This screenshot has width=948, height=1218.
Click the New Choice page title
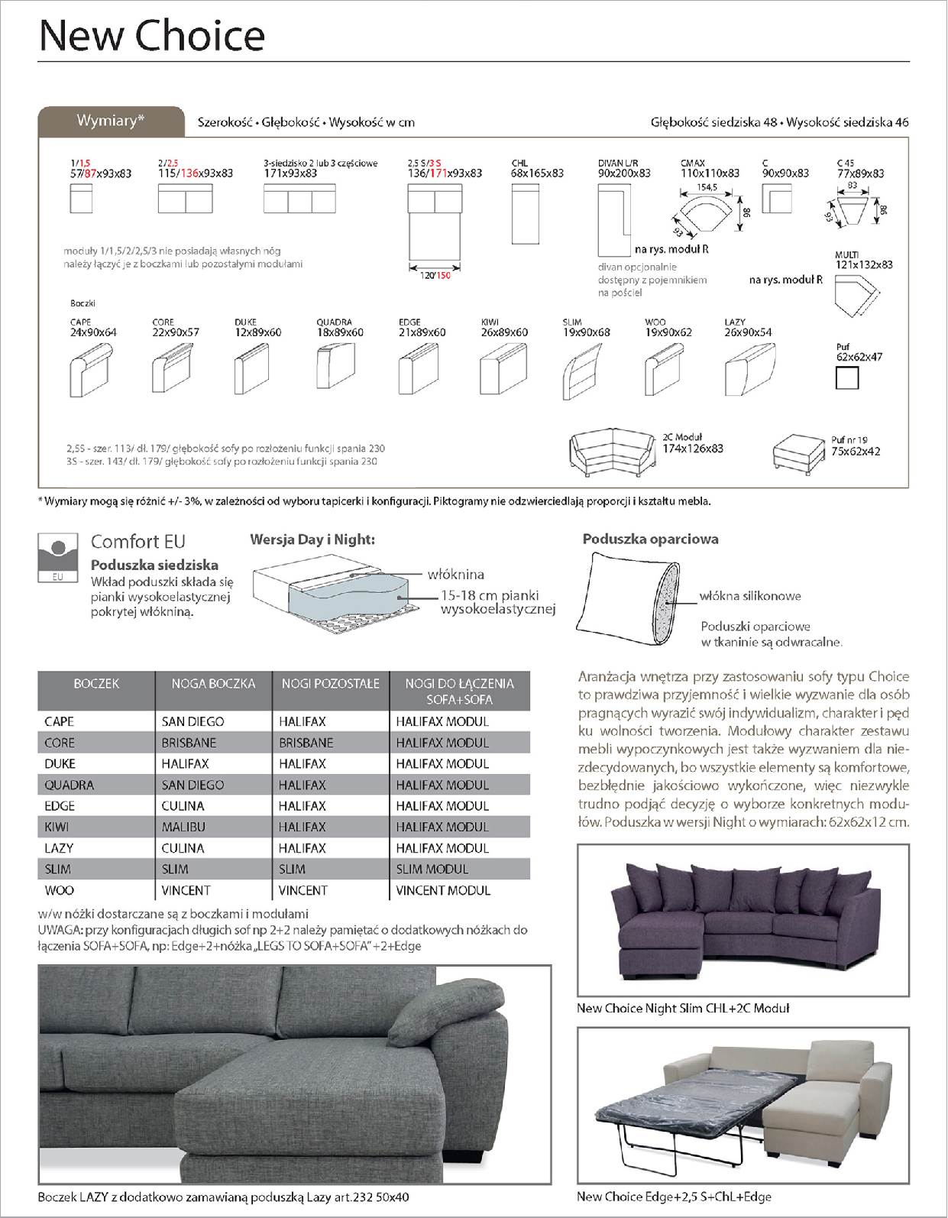click(151, 36)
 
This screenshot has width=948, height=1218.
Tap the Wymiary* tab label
click(111, 121)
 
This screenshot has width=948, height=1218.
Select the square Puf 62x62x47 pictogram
click(846, 377)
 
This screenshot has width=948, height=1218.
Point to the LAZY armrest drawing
click(749, 369)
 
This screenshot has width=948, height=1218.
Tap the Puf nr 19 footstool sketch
click(798, 454)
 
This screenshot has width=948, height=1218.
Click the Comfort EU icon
click(58, 557)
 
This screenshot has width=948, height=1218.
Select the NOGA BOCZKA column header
click(213, 684)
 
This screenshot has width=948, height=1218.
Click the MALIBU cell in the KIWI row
click(183, 827)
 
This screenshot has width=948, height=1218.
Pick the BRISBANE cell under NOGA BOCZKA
click(189, 743)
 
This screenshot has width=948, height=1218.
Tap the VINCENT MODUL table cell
click(443, 890)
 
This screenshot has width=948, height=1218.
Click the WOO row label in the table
click(60, 890)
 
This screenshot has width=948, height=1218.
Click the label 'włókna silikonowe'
click(750, 596)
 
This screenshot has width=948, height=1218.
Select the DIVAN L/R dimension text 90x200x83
click(624, 173)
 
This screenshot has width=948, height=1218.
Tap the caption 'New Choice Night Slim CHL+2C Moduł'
click(683, 1009)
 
